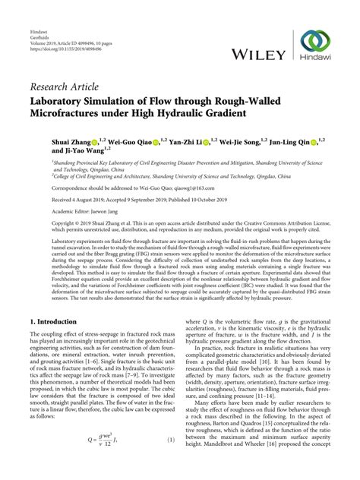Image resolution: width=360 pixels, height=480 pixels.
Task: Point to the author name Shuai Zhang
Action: [x=71, y=143]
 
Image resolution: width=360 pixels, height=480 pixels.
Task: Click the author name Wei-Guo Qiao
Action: [x=129, y=143]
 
